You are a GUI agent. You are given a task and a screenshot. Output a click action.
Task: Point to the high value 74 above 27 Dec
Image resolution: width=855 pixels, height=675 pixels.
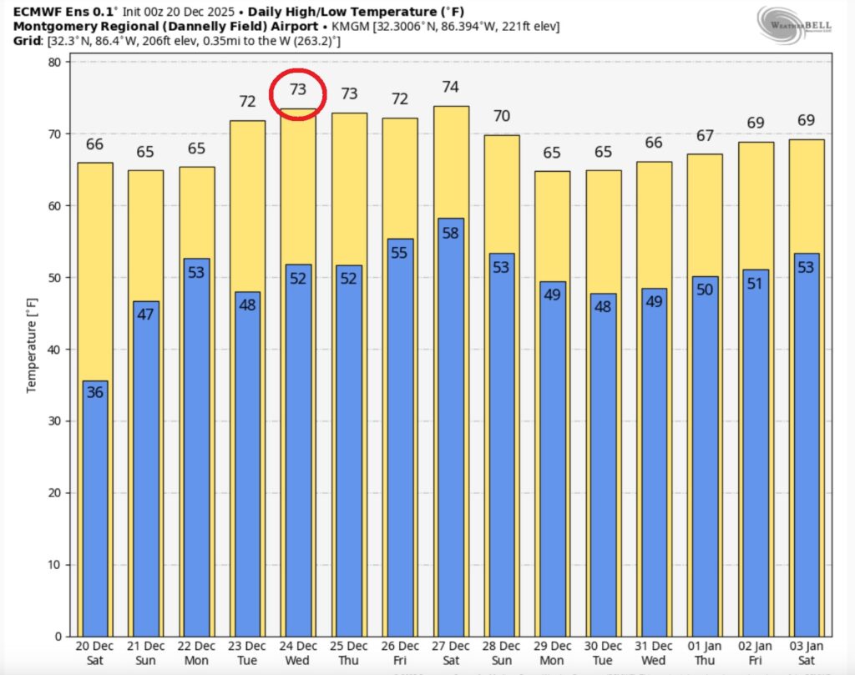click(x=451, y=87)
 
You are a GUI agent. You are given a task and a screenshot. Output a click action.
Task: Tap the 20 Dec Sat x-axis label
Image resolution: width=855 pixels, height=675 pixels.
click(x=95, y=653)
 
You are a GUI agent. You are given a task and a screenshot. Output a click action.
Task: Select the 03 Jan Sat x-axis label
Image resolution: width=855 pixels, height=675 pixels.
click(x=807, y=653)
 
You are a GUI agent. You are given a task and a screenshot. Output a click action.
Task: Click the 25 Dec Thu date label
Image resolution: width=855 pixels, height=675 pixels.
click(x=349, y=653)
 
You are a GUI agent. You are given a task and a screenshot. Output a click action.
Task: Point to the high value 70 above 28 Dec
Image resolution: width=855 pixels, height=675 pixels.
click(x=501, y=116)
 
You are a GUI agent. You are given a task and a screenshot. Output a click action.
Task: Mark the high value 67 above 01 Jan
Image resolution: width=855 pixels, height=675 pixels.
click(x=705, y=136)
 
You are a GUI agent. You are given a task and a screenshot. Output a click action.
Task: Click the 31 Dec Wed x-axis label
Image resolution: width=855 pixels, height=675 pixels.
click(x=654, y=653)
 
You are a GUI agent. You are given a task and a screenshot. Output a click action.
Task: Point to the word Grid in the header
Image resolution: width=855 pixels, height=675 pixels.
click(x=27, y=41)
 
